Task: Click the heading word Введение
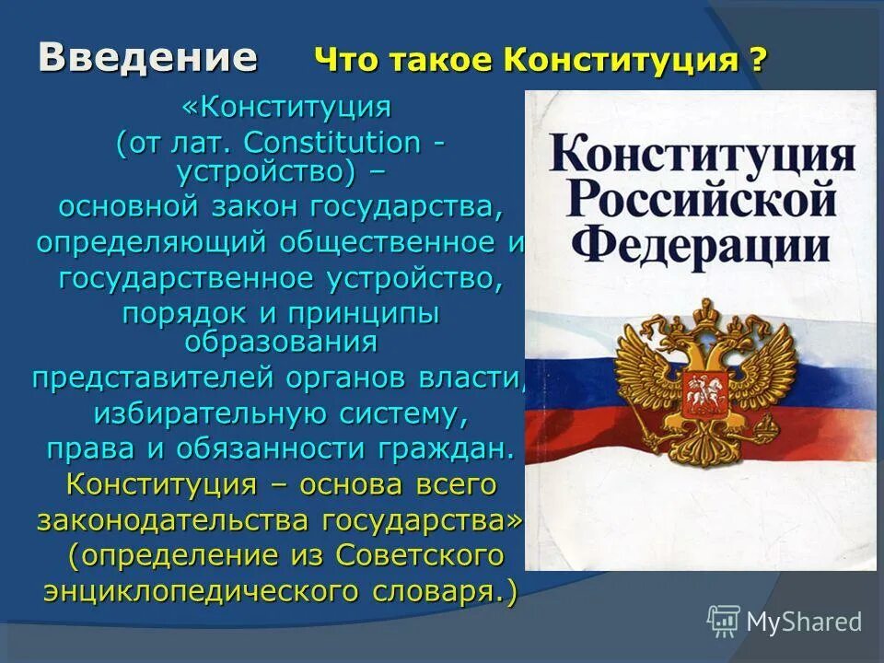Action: [x=147, y=57]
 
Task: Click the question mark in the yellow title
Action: [x=757, y=62]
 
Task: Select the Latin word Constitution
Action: [x=331, y=143]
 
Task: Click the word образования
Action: [x=281, y=341]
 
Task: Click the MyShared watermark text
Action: [x=804, y=622]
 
